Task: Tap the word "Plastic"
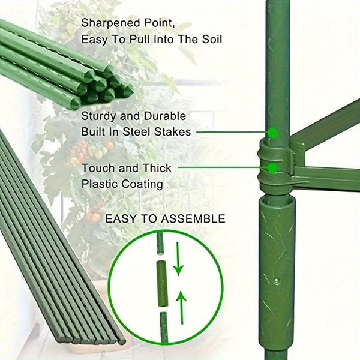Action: pos(100,184)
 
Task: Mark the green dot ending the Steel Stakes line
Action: pos(272,131)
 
